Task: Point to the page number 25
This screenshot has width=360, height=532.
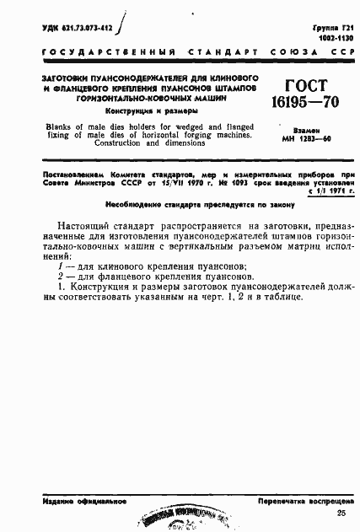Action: tap(341, 513)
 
